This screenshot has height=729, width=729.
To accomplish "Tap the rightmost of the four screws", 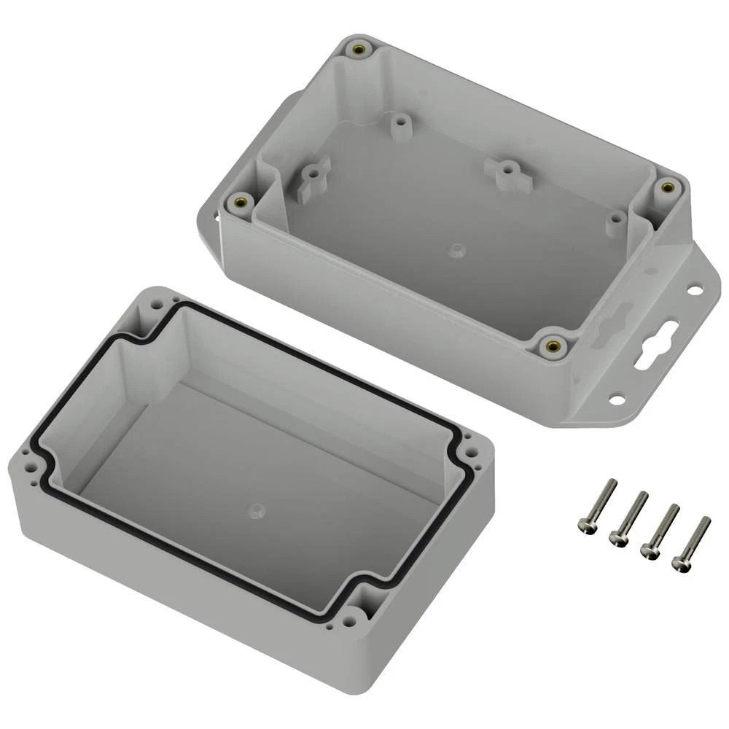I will pyautogui.click(x=690, y=543).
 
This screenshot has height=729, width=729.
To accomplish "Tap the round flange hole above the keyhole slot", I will pyautogui.click(x=694, y=291).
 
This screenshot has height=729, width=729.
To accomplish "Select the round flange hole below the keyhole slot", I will pyautogui.click(x=617, y=399).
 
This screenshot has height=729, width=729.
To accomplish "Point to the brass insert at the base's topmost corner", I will pyautogui.click(x=359, y=50).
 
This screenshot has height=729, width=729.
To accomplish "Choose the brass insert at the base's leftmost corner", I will pyautogui.click(x=239, y=203).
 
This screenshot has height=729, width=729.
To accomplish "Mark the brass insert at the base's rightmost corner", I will pyautogui.click(x=666, y=188).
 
